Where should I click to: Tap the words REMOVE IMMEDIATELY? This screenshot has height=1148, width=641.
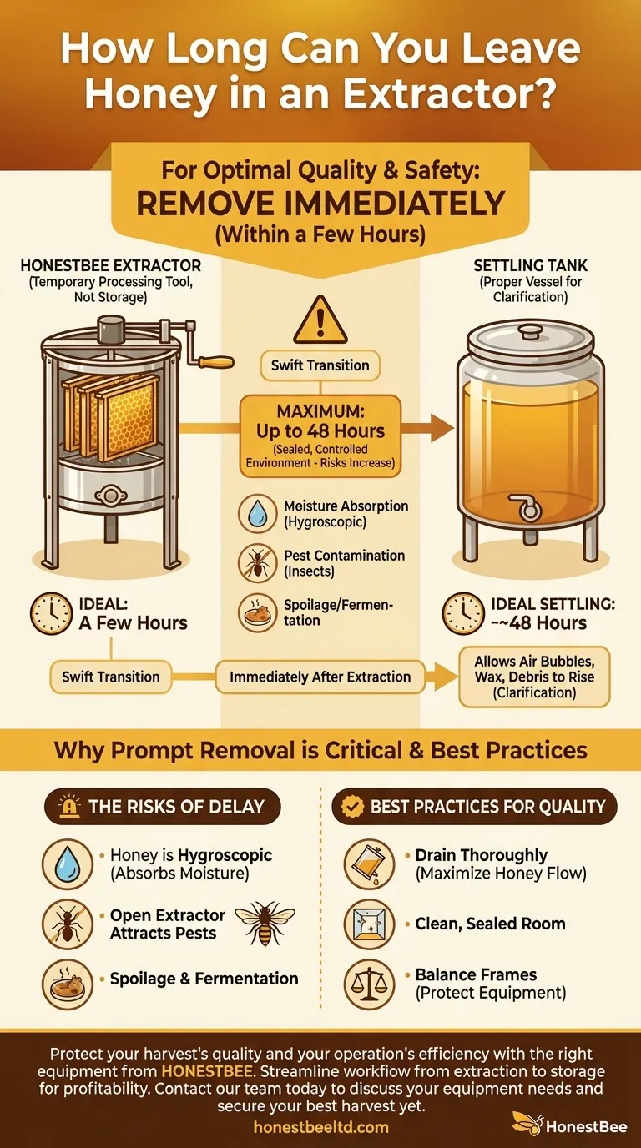pos(320,203)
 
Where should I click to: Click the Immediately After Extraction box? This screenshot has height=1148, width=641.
pos(320,677)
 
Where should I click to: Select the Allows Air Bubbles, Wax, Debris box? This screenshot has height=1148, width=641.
pos(534,677)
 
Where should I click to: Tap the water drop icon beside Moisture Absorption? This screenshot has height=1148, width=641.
pos(257,514)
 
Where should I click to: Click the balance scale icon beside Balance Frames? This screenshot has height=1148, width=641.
pos(369,984)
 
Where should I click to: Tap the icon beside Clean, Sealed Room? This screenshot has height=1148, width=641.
pos(369,924)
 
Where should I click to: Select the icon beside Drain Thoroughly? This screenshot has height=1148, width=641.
pos(369,864)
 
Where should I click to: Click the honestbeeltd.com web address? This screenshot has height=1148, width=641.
pos(320,1127)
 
